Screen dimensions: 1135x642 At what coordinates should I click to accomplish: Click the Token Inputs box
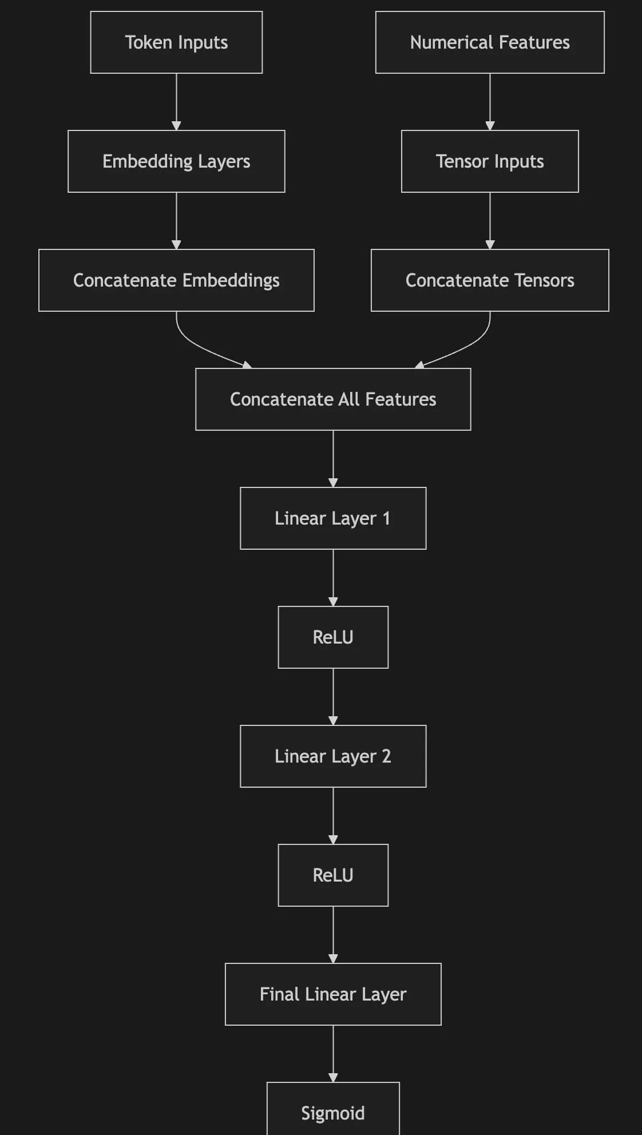point(176,42)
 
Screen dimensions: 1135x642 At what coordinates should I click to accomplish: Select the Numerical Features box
point(490,42)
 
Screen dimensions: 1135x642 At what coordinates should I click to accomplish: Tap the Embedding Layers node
point(176,161)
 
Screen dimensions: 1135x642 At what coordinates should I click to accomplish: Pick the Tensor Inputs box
point(490,161)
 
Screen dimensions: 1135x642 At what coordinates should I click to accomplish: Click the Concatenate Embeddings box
point(176,280)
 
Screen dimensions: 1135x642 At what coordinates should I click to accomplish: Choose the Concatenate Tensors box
point(490,280)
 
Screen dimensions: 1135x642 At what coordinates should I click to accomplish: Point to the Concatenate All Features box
point(333,399)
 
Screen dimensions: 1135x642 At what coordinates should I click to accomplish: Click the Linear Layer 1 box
point(333,518)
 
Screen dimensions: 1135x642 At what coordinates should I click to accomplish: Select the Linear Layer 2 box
point(333,756)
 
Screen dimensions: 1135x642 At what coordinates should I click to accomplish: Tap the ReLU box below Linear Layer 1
point(333,637)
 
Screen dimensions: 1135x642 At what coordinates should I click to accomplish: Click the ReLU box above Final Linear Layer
point(333,875)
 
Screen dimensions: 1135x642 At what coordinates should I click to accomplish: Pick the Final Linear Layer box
point(333,994)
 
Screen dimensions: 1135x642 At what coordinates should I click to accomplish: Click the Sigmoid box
point(333,1113)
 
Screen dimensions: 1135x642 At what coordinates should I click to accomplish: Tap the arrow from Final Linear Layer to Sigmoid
point(333,1053)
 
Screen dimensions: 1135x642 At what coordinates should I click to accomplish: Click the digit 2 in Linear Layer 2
point(386,756)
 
